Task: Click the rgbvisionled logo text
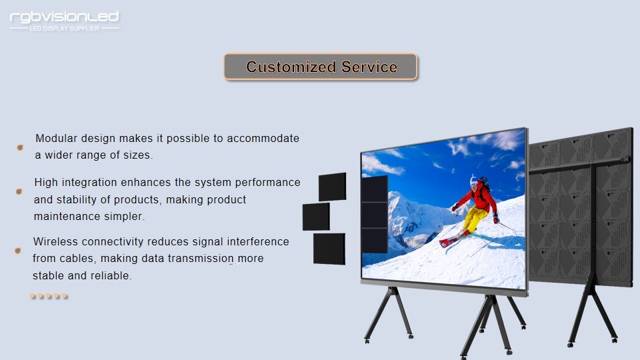tap(64, 17)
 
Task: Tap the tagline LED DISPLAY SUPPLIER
tap(65, 29)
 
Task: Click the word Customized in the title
tap(291, 67)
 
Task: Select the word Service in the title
tap(369, 67)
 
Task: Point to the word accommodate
tap(263, 138)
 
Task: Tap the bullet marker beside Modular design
tap(20, 147)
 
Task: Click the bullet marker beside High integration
tap(19, 191)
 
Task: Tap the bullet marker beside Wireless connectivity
tap(17, 250)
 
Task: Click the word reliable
tap(111, 275)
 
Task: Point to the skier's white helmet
tap(473, 180)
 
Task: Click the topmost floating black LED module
tap(332, 187)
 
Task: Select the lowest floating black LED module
tap(329, 249)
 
